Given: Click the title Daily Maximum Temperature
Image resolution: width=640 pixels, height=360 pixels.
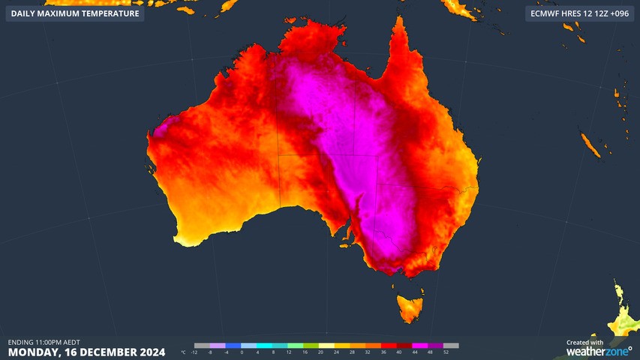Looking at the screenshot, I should click(x=75, y=13).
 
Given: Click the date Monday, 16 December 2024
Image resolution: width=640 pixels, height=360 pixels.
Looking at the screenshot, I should click(x=83, y=352).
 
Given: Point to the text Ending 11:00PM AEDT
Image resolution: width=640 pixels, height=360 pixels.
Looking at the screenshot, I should click(x=44, y=342).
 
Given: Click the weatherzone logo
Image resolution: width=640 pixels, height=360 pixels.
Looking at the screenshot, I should click(x=599, y=351).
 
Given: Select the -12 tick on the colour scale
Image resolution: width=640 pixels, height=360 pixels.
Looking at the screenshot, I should click(x=194, y=352).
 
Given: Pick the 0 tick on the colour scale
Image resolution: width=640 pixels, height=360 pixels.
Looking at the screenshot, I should click(x=242, y=352).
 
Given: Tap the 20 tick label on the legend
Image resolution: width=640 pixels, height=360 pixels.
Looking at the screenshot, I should click(x=320, y=352).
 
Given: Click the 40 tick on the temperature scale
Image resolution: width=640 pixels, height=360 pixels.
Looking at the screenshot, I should click(x=399, y=352).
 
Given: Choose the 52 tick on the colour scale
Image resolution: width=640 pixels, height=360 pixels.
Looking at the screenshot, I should click(x=446, y=352).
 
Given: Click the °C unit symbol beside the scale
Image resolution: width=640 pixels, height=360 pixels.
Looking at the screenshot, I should click(x=184, y=352).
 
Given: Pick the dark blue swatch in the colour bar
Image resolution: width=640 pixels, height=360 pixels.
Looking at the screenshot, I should click(x=233, y=345).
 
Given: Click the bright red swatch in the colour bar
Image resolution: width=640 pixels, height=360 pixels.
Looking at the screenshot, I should click(x=391, y=345).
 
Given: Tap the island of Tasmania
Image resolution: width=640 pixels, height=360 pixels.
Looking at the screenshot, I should click(x=410, y=307).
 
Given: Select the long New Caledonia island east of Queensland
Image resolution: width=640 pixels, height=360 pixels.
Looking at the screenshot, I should click(x=590, y=145).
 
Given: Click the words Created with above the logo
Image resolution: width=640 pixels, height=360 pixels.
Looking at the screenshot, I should click(x=584, y=342).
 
